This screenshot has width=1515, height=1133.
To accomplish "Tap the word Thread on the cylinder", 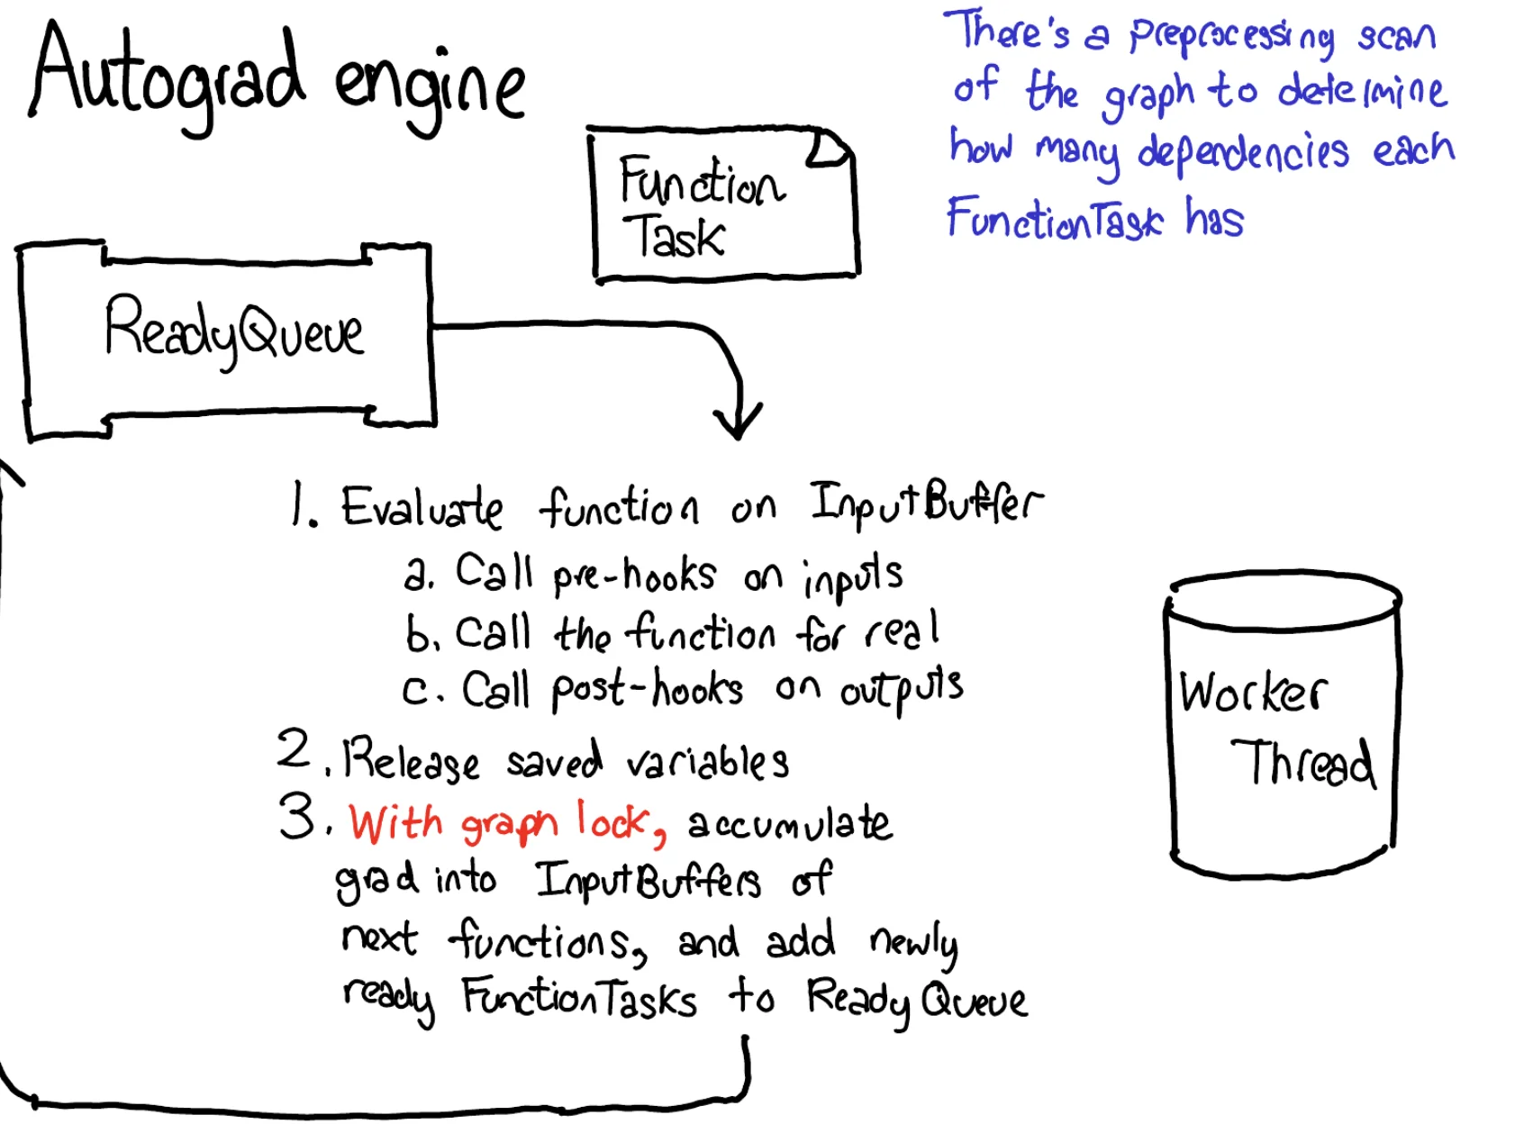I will (x=1302, y=763).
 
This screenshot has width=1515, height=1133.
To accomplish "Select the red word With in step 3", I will (x=395, y=823).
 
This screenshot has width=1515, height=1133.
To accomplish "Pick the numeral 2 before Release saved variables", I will (x=294, y=749).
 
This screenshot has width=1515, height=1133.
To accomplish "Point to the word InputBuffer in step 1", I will (x=925, y=504).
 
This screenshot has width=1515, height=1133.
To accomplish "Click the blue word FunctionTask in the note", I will (x=1054, y=219).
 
